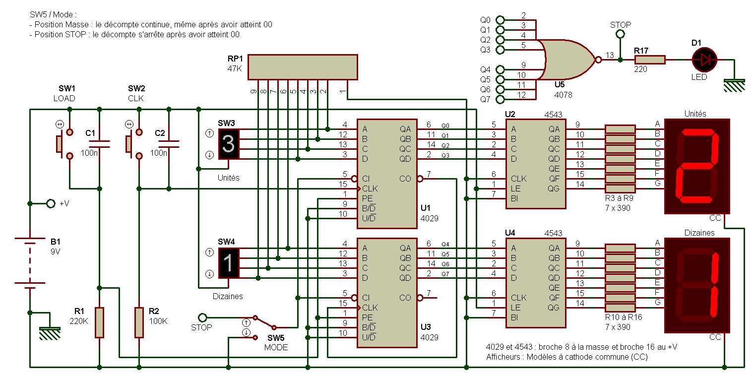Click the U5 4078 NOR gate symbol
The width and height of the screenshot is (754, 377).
(x=568, y=60)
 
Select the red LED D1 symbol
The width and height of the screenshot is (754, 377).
(x=705, y=60)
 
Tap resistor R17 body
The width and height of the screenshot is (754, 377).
(x=649, y=60)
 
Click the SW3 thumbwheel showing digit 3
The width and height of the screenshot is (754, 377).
(x=229, y=144)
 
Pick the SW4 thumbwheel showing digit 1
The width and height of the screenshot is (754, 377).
(x=229, y=263)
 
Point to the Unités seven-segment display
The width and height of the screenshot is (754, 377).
(x=697, y=166)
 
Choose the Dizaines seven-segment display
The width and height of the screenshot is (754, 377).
(x=697, y=285)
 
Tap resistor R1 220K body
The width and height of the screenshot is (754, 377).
(x=100, y=322)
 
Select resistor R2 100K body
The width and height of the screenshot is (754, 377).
(x=139, y=322)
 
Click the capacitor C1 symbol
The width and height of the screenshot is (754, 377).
(x=100, y=144)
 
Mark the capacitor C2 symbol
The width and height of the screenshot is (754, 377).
(x=169, y=144)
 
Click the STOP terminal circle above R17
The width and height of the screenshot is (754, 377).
(x=619, y=34)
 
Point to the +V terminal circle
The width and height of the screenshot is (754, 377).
(x=50, y=203)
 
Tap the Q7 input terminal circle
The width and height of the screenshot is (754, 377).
(x=500, y=99)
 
